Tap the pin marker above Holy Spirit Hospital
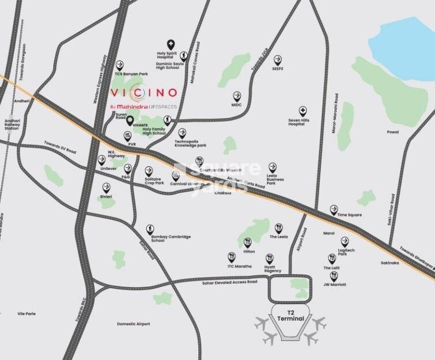(171, 44)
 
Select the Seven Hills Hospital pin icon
(302, 111)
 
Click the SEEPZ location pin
(278, 59)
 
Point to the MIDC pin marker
(237, 96)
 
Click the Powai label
(393, 132)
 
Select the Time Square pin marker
(334, 210)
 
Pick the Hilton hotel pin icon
(247, 242)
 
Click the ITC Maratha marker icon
(232, 257)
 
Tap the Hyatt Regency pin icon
(270, 258)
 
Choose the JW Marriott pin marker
(334, 276)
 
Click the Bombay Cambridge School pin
(150, 229)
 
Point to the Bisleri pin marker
(107, 188)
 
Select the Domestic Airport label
(133, 324)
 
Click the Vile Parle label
(27, 313)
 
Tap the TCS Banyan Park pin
(120, 65)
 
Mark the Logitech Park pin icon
(345, 241)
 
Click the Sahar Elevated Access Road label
(227, 282)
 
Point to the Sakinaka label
(389, 262)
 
